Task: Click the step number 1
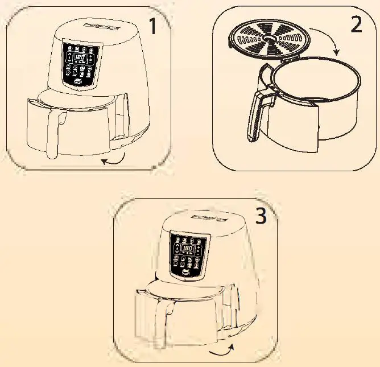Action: click(x=151, y=27)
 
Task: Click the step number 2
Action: click(x=356, y=24)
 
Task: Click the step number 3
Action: click(x=260, y=216)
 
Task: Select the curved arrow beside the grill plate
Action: click(x=329, y=46)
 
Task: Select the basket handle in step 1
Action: click(x=54, y=131)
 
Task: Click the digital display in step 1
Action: click(x=80, y=58)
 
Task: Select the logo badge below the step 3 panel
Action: click(x=188, y=274)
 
